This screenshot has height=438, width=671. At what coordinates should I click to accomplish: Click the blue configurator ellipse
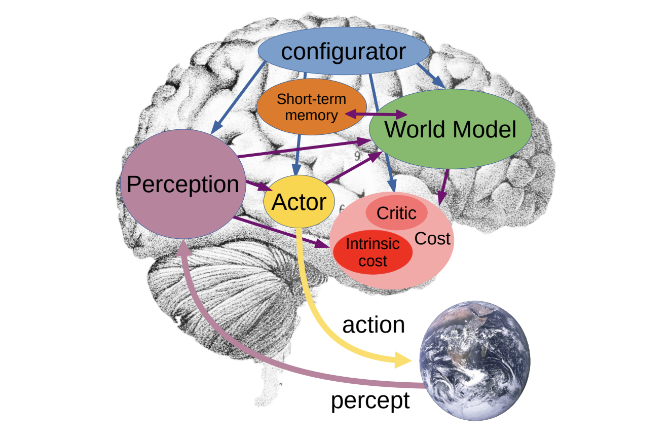[343, 52]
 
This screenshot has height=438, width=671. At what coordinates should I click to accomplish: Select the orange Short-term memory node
[311, 107]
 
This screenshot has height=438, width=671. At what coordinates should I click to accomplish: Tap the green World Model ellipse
[450, 130]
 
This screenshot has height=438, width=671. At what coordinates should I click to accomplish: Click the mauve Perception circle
[182, 184]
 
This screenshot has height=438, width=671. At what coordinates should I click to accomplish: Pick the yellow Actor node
[299, 202]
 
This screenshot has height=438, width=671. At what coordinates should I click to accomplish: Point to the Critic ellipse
[396, 213]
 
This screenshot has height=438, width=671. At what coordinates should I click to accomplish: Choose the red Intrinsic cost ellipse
[372, 252]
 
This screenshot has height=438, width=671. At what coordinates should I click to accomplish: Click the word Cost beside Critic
[432, 238]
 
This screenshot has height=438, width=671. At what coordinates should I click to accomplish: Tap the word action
[374, 325]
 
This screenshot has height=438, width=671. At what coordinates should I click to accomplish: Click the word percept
[370, 400]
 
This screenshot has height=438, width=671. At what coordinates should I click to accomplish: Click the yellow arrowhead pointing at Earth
[403, 360]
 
